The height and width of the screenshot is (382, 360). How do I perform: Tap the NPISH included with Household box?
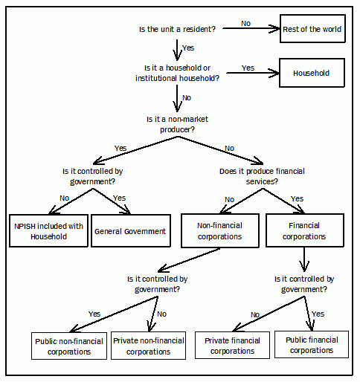[x=47, y=231]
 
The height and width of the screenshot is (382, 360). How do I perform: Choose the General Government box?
[x=130, y=231]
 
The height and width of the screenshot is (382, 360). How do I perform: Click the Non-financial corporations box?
[x=220, y=231]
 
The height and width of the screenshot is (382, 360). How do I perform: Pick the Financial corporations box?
[x=305, y=231]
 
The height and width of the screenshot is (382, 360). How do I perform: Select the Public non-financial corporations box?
[x=69, y=346]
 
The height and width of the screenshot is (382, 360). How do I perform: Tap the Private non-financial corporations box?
[x=149, y=346]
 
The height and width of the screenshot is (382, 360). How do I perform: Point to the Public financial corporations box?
[x=312, y=346]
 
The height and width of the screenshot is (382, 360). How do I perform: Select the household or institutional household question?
[x=178, y=74]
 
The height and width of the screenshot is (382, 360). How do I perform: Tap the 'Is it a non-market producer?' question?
[x=179, y=123]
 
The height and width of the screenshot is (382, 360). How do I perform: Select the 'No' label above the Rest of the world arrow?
[x=245, y=23]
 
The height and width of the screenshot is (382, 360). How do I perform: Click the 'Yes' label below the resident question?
[x=189, y=48]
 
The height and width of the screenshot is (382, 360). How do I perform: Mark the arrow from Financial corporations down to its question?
[x=305, y=258]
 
